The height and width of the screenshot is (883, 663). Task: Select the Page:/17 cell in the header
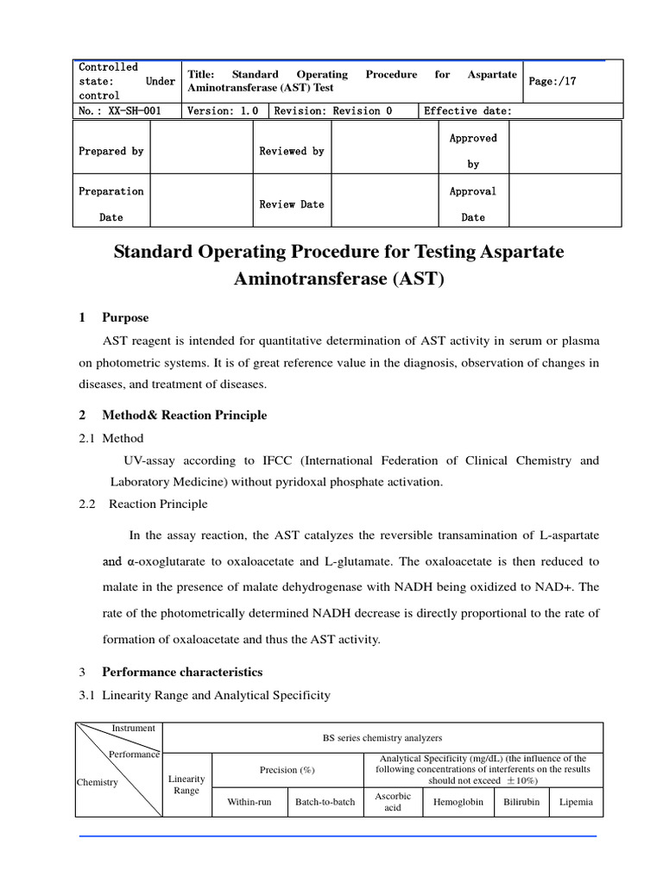click(556, 81)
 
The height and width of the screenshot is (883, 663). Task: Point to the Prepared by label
click(111, 151)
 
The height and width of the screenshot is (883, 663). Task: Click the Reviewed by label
click(292, 151)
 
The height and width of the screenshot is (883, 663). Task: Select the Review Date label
click(292, 204)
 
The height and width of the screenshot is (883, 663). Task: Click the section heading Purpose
click(125, 317)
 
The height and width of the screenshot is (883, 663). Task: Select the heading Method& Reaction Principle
click(184, 415)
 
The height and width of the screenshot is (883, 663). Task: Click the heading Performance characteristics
click(182, 672)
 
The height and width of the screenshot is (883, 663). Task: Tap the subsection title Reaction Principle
click(158, 504)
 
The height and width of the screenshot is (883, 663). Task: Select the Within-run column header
click(249, 801)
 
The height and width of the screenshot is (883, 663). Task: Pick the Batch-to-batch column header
click(325, 801)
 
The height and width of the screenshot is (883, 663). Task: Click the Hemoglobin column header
click(458, 801)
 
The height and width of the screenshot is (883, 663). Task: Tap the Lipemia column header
click(576, 801)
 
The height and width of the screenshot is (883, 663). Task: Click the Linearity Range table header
click(186, 785)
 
